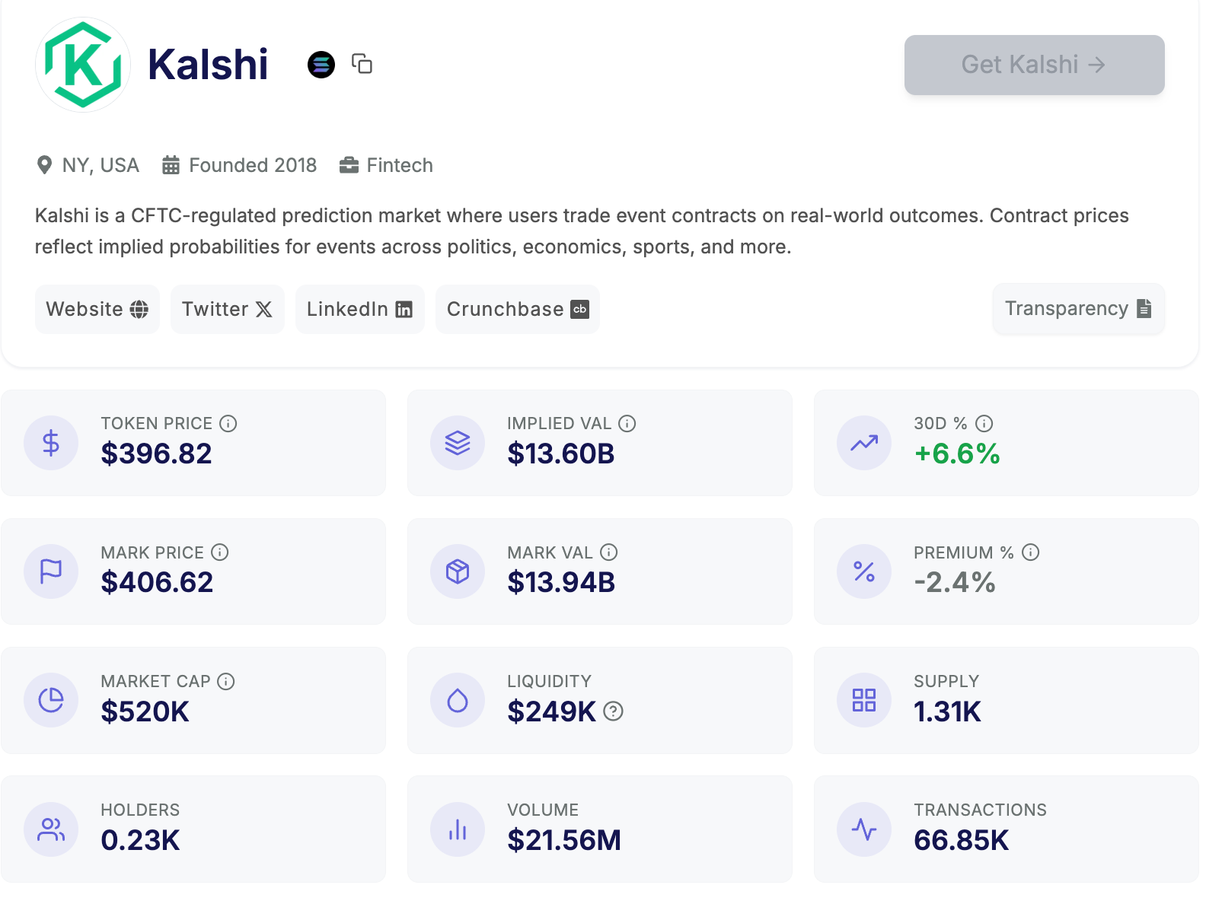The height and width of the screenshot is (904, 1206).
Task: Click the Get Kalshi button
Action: [x=1034, y=65]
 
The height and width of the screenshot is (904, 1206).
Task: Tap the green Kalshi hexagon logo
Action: [x=83, y=65]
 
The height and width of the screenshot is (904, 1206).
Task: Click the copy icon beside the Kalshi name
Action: [x=362, y=64]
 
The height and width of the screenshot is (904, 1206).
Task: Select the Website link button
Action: [x=97, y=309]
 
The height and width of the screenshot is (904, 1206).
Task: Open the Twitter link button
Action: [x=227, y=309]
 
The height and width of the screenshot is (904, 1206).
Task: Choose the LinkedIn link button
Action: [x=359, y=309]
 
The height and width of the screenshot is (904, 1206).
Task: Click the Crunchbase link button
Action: [x=517, y=309]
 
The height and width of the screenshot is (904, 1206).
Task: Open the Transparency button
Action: [x=1078, y=308]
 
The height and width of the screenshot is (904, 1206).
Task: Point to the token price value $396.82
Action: [x=156, y=454]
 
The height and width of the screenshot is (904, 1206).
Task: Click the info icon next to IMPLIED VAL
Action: [x=627, y=423]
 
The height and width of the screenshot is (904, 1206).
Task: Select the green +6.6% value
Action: [x=957, y=454]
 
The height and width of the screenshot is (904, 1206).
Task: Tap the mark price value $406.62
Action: [x=157, y=582]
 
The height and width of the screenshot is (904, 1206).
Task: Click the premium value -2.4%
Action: [x=955, y=582]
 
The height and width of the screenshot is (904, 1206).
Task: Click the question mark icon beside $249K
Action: [x=614, y=711]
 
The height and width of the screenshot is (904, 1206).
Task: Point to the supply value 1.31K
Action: [x=947, y=711]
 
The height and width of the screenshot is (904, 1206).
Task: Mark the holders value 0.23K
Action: [x=140, y=840]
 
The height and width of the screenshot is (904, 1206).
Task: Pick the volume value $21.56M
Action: [x=564, y=840]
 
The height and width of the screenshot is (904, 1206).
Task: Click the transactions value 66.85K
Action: [x=961, y=840]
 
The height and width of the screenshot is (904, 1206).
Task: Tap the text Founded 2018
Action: [x=252, y=165]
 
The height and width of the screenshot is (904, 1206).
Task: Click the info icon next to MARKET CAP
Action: [x=226, y=681]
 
